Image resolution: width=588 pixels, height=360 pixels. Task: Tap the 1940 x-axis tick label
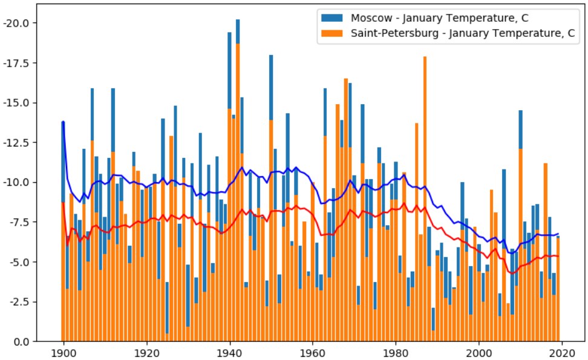[x=229, y=352]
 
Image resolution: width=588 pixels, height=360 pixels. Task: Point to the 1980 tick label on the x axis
[x=396, y=352]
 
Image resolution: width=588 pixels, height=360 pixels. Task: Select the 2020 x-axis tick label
[x=562, y=352]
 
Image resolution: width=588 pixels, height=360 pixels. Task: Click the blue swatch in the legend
[x=333, y=18]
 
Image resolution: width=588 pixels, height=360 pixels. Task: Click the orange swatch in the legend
[x=333, y=34]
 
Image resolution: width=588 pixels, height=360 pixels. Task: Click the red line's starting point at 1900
[x=63, y=203]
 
